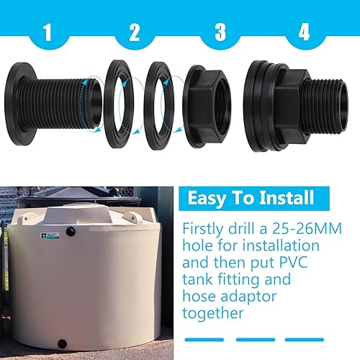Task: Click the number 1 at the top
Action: (x=47, y=32)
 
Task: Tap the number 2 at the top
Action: (x=134, y=32)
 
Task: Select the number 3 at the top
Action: (x=221, y=32)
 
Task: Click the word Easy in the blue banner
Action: (x=211, y=198)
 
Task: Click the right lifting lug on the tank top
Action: (x=134, y=217)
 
